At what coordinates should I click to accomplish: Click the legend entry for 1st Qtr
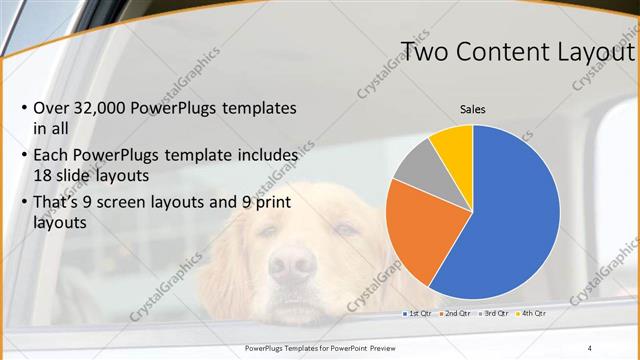tap(417, 314)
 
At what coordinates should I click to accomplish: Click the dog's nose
tap(293, 264)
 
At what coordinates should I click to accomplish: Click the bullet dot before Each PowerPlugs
tap(23, 156)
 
